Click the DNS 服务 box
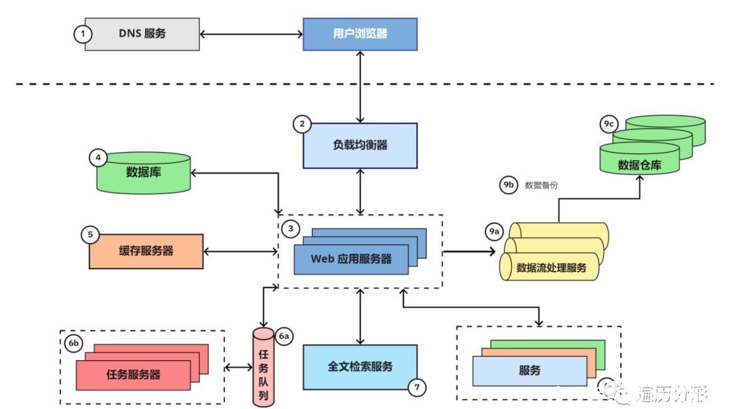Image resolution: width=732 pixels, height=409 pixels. (142, 34)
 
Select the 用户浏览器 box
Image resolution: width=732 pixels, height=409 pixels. (360, 34)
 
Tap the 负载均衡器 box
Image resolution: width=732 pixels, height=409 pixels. (360, 145)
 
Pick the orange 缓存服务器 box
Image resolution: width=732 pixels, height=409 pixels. (146, 251)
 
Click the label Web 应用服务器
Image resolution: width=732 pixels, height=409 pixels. (351, 258)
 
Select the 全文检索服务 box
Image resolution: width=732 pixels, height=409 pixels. (360, 366)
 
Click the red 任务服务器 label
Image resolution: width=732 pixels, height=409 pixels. (134, 374)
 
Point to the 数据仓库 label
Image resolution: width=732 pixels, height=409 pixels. (639, 165)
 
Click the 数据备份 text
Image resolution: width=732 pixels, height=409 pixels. (542, 185)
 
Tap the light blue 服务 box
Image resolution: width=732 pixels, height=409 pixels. (529, 371)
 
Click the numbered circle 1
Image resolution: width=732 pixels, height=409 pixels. (82, 34)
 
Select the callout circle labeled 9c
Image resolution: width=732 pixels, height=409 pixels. (608, 124)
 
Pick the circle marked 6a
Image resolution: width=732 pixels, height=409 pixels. (285, 336)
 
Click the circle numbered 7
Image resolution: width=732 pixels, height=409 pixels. (417, 387)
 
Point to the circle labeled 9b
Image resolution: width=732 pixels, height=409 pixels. (508, 185)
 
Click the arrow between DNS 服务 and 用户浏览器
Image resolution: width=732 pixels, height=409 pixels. (251, 34)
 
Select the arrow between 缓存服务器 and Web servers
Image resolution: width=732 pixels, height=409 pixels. (241, 252)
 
